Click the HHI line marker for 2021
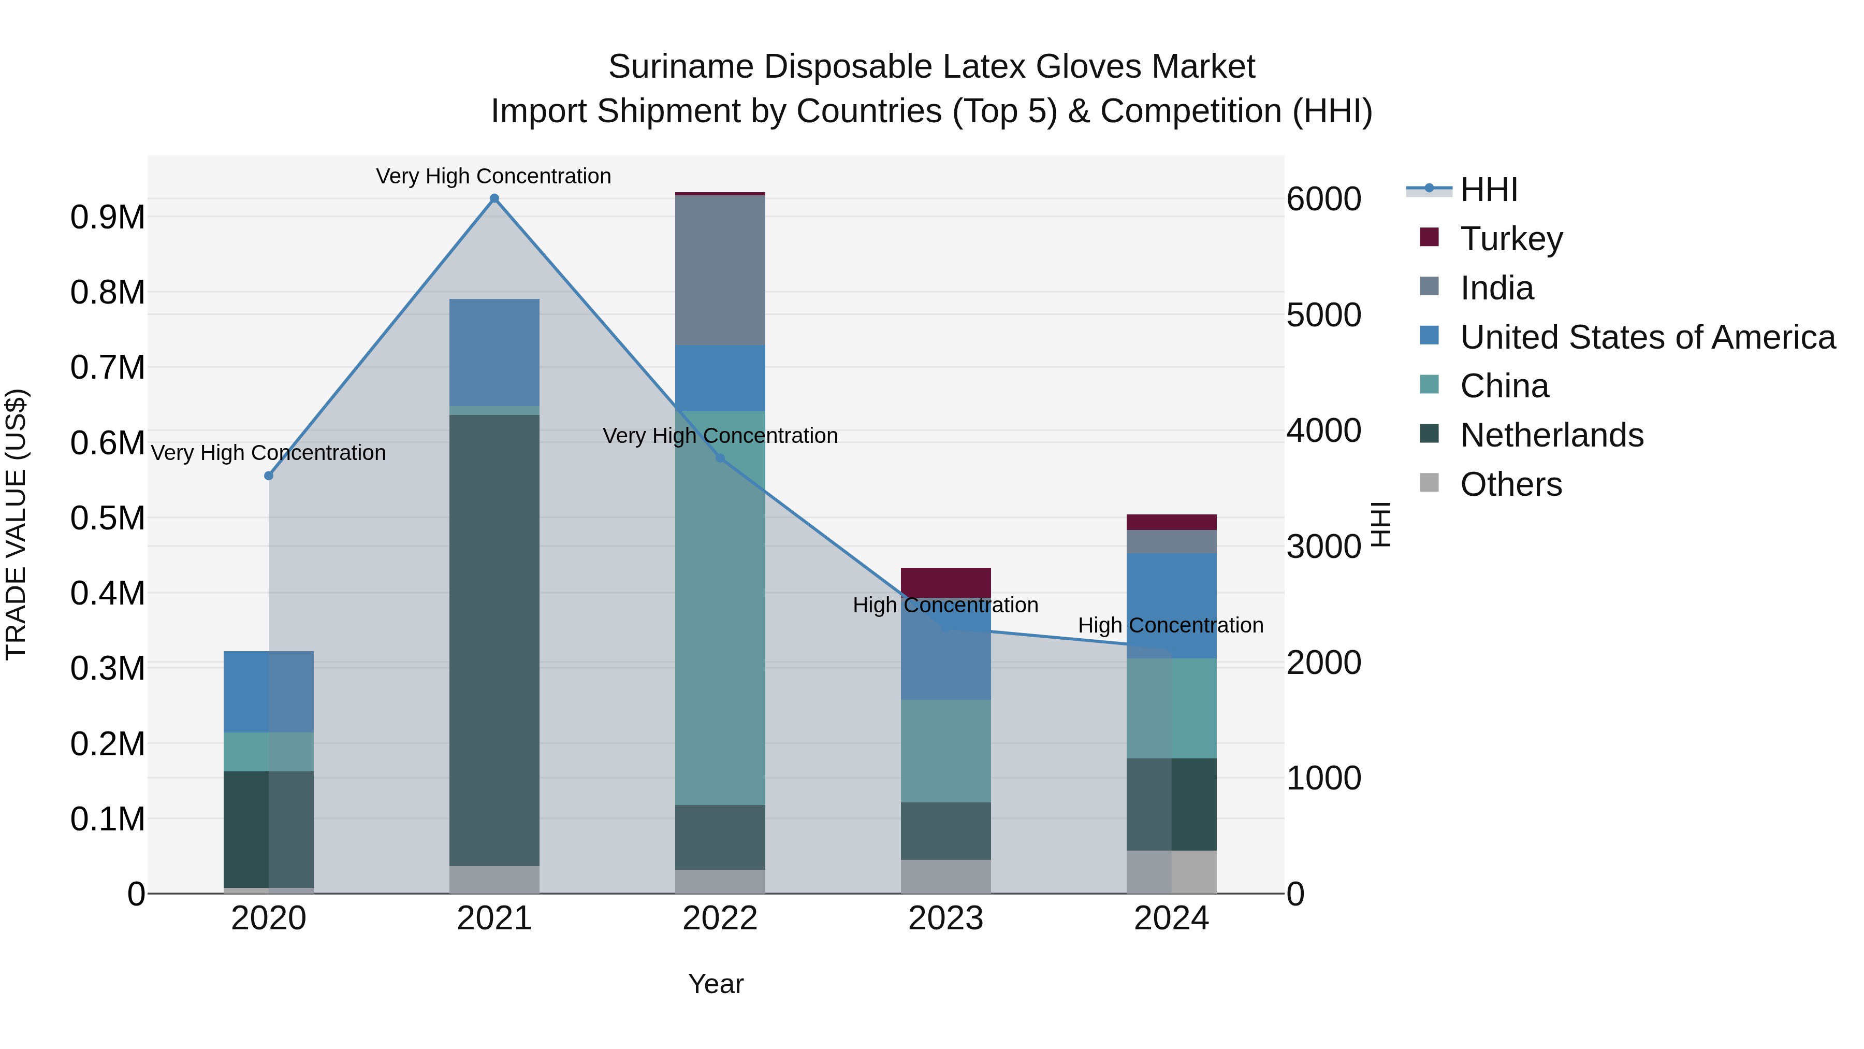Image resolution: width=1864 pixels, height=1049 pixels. (x=494, y=198)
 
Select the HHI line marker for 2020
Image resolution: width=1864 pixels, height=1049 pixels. (x=268, y=476)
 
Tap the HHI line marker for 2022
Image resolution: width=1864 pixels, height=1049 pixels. (x=720, y=458)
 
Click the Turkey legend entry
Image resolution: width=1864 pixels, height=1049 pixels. (x=1511, y=239)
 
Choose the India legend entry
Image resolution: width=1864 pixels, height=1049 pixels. (x=1496, y=288)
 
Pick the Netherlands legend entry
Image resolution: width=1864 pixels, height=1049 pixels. (x=1551, y=435)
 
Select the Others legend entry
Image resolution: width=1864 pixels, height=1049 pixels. (x=1511, y=484)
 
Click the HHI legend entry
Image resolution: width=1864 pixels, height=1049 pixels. (x=1489, y=190)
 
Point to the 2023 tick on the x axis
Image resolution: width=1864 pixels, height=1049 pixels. (x=946, y=918)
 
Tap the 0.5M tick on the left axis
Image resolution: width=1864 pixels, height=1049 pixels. (x=108, y=519)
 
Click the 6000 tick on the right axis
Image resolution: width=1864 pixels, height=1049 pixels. (x=1323, y=199)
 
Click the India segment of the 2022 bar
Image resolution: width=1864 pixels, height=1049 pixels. (x=720, y=270)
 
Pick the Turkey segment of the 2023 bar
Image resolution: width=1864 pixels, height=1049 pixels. (x=946, y=582)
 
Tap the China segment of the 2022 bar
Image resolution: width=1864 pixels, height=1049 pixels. (x=720, y=608)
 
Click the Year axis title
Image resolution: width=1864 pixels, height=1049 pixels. (x=716, y=984)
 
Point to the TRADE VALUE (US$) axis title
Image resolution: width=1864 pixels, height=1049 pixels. (x=16, y=524)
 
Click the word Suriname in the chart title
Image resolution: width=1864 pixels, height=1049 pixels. (x=681, y=67)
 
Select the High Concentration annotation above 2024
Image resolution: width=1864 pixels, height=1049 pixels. (x=1171, y=625)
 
